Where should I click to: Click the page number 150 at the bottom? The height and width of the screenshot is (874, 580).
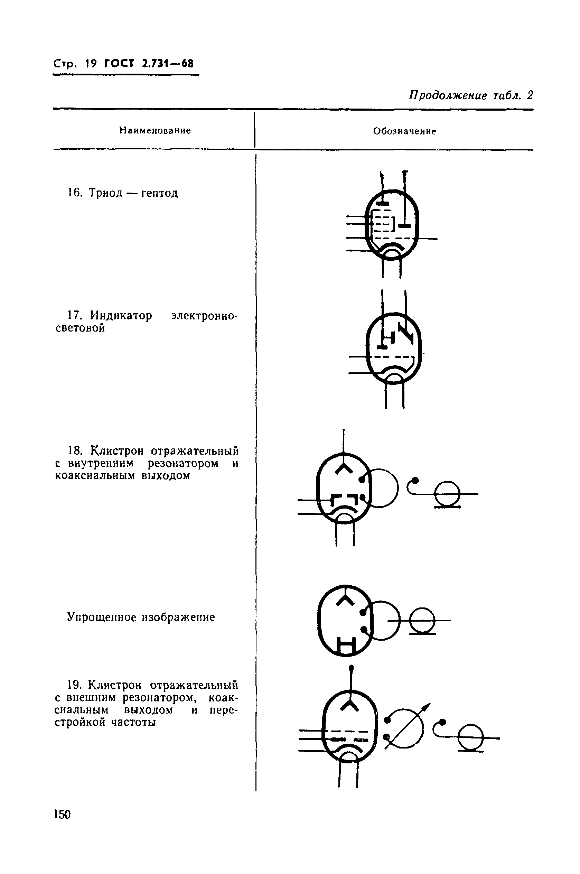(62, 814)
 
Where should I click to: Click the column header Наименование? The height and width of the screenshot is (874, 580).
(155, 130)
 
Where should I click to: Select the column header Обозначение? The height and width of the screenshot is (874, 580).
(404, 131)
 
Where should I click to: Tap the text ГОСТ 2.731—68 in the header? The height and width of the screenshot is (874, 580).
(149, 64)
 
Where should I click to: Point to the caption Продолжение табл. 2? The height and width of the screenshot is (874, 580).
(471, 95)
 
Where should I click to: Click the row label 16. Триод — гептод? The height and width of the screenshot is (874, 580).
(123, 193)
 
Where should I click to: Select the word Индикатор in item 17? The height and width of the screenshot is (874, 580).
(121, 316)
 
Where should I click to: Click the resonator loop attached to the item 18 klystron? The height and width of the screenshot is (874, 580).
(383, 487)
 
